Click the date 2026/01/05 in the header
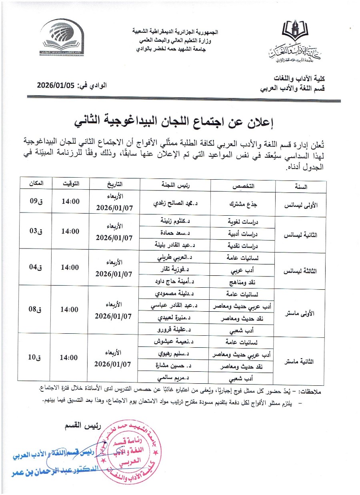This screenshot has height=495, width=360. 56,85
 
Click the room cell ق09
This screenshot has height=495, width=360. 36,202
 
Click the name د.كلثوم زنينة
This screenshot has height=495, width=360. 175,220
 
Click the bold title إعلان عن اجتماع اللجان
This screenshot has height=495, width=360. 180,120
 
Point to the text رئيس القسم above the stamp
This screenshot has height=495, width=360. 80,425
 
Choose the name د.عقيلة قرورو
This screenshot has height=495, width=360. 174,331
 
